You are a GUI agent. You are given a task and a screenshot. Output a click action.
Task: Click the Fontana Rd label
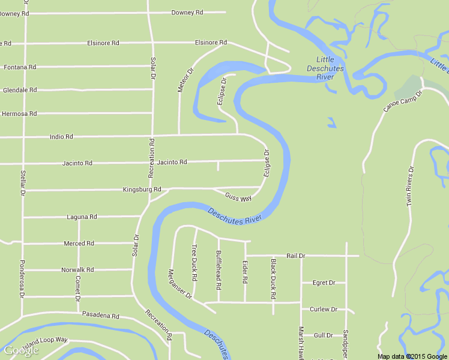(20, 67)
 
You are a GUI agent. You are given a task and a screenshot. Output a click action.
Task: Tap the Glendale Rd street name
(20, 90)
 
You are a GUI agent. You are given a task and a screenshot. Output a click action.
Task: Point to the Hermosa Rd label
(20, 113)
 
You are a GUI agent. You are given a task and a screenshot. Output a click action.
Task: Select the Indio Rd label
(61, 137)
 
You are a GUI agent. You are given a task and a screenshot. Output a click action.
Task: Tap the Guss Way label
(238, 197)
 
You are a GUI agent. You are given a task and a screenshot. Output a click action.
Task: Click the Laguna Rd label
(82, 217)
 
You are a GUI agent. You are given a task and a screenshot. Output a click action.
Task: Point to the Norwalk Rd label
(77, 270)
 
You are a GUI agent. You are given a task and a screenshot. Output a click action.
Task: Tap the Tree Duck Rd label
(194, 263)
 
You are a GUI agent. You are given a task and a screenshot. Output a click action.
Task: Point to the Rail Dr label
(296, 256)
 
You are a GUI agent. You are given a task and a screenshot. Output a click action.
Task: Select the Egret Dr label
(324, 283)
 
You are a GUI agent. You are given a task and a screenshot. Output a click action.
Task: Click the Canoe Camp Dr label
(403, 101)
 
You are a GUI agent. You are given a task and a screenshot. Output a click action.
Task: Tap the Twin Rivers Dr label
(411, 187)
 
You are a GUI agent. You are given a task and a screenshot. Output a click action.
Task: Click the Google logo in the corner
(21, 350)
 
